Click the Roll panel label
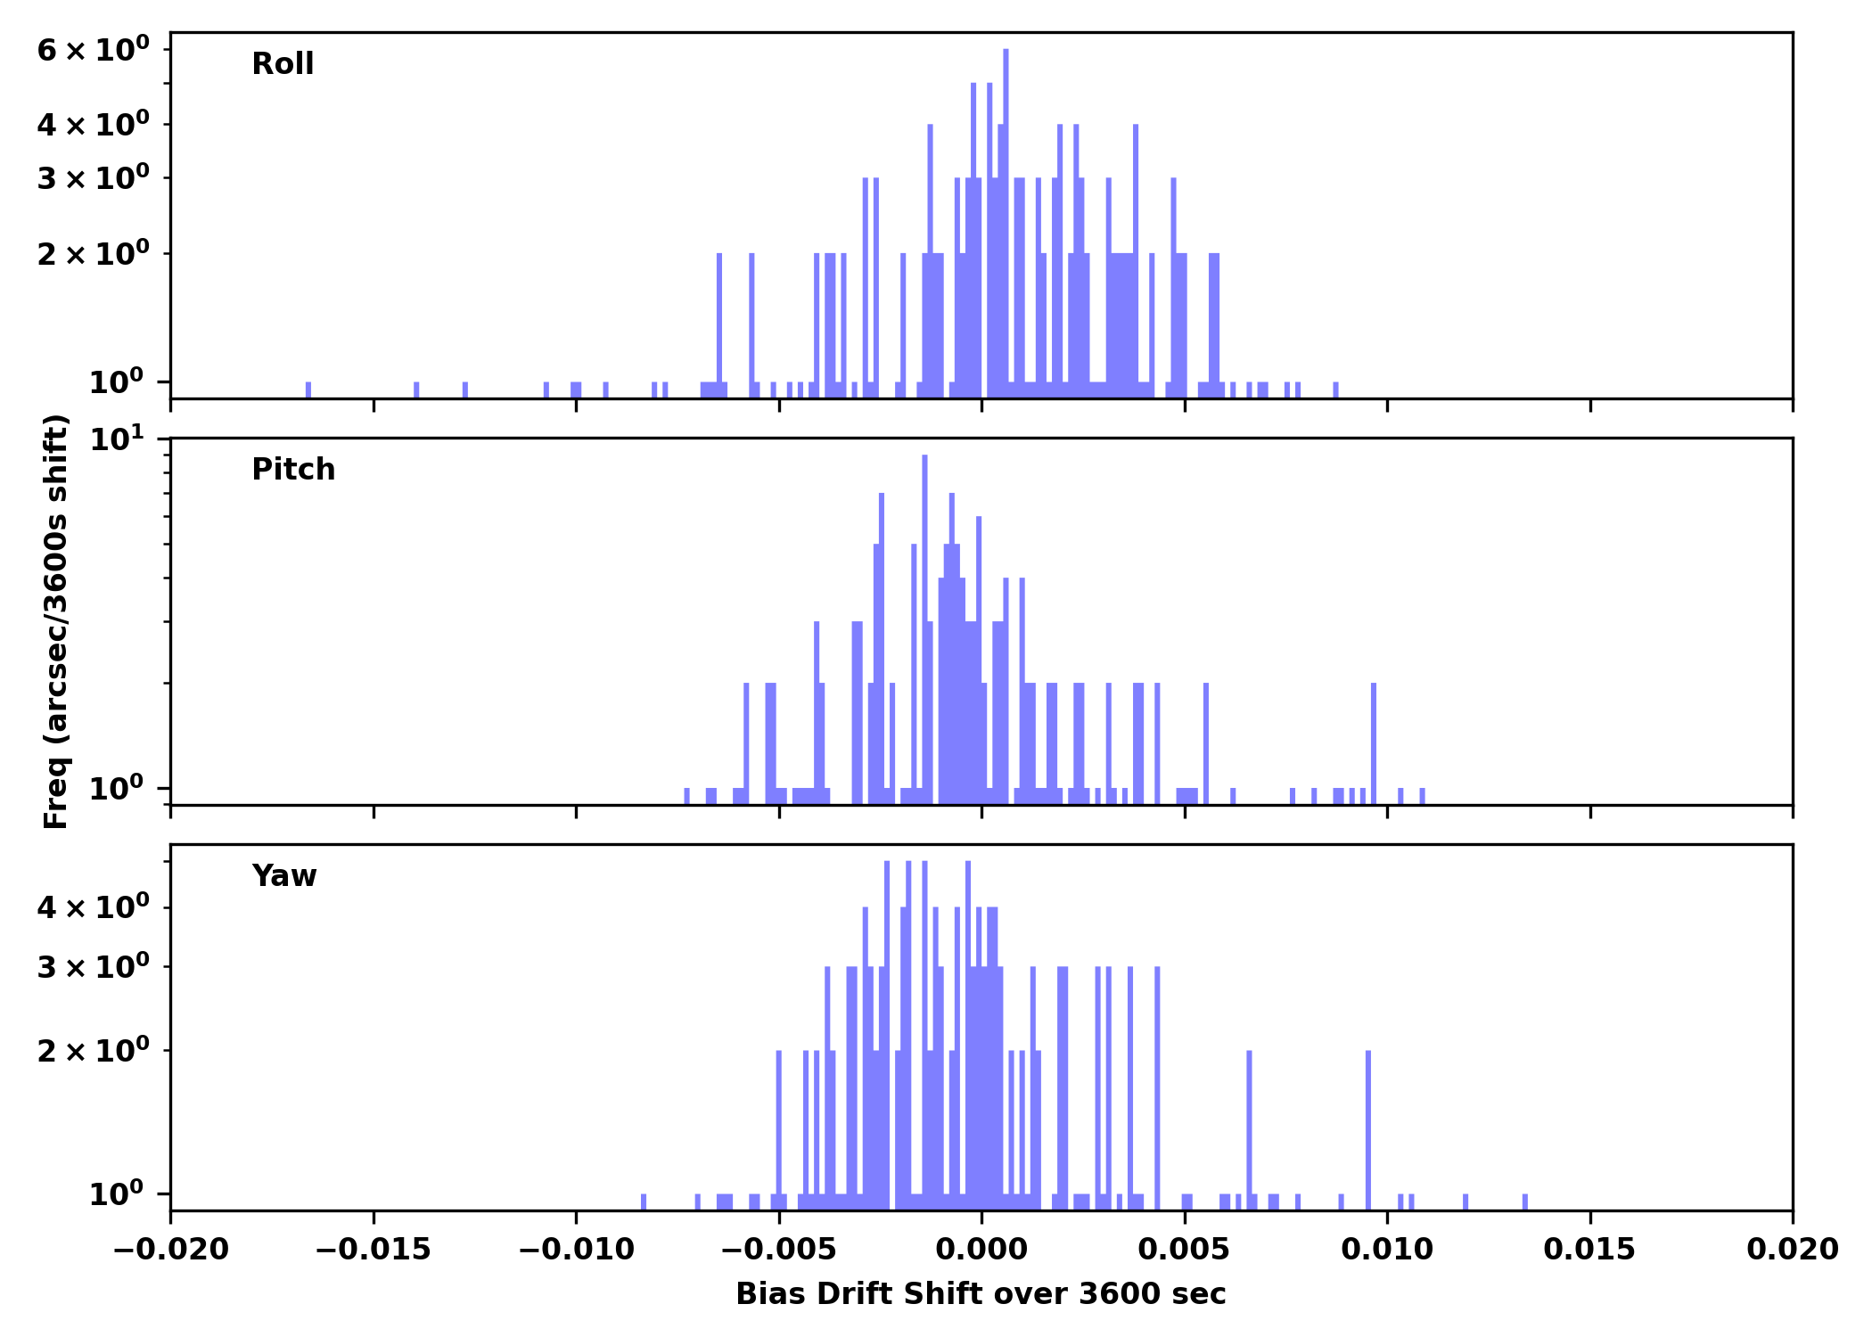tap(283, 64)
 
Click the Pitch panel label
tap(293, 470)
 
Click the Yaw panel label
tap(284, 876)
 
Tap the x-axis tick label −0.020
tap(170, 1250)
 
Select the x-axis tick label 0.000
tap(981, 1250)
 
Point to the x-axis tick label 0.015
tap(1589, 1250)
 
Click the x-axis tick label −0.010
tap(576, 1250)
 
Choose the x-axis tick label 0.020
tap(1792, 1250)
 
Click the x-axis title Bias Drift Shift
tap(981, 1294)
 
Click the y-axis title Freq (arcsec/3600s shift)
tap(56, 621)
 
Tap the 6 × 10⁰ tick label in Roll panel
tap(93, 50)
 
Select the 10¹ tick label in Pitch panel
tap(116, 439)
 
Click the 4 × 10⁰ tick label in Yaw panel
tap(93, 908)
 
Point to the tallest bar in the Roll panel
tap(1006, 223)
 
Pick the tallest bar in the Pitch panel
tap(924, 624)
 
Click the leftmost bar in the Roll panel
tap(308, 390)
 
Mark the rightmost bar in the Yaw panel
tap(1524, 1202)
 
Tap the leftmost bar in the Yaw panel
tap(644, 1202)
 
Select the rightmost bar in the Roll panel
tap(1335, 390)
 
